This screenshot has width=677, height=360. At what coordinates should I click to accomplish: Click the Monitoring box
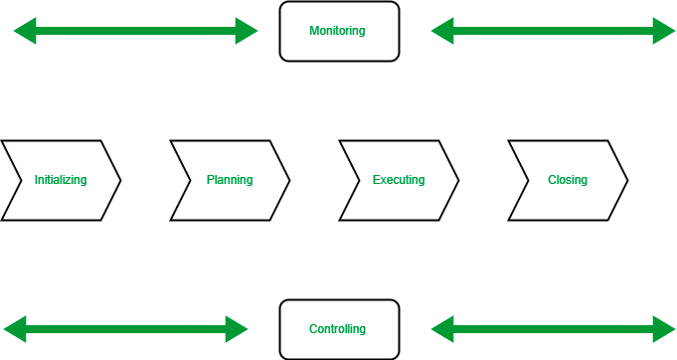coord(339,31)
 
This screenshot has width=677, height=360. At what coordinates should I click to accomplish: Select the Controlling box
coord(339,329)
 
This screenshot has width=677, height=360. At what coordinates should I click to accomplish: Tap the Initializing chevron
coord(61,180)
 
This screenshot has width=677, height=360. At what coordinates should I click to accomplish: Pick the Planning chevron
coord(230,180)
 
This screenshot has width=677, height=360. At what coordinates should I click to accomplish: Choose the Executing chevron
coord(399,180)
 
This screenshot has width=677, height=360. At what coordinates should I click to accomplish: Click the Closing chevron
coord(568,180)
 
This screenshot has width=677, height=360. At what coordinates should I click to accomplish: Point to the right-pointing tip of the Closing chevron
coord(623,180)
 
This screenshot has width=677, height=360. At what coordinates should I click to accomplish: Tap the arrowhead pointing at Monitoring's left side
coord(248,31)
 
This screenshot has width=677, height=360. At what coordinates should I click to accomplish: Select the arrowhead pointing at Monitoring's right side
coord(441,31)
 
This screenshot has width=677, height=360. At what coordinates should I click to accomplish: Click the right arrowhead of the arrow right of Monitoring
coord(664,31)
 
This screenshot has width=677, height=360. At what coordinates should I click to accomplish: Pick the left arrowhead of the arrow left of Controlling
coord(14,329)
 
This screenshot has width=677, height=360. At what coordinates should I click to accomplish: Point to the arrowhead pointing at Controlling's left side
coord(238,329)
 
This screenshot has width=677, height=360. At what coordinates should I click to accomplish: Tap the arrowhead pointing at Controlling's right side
coord(441,329)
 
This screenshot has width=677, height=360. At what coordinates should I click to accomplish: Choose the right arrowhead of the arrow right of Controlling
coord(664,329)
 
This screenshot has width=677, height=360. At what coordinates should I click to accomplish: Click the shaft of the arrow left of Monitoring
coord(135,31)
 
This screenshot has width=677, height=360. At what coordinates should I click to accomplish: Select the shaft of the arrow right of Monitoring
coord(553,31)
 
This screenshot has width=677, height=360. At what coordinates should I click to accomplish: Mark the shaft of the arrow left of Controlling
coord(125,329)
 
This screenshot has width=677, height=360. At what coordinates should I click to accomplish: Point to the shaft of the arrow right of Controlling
coord(553,329)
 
